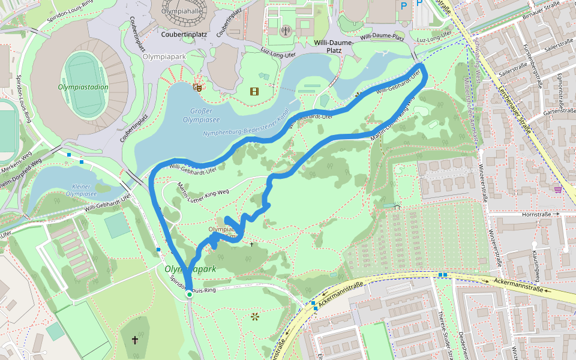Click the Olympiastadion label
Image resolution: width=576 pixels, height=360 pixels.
[x=83, y=87]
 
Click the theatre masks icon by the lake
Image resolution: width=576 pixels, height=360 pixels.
[x=196, y=87]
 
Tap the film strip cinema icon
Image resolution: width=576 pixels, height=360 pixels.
[x=256, y=91]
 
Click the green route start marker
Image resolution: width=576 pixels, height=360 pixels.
[x=189, y=295]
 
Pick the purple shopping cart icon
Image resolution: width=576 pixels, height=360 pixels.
[x=558, y=190]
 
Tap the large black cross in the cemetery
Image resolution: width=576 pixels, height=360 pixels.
[x=134, y=340]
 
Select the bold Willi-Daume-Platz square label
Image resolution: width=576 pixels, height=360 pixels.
[x=328, y=47]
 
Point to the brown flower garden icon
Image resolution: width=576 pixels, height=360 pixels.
[x=255, y=316]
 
